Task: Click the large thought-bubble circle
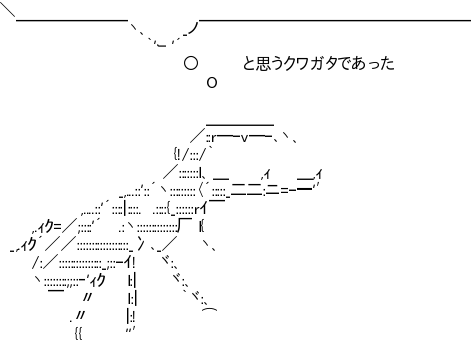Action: tap(191, 63)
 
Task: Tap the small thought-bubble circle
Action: tap(212, 82)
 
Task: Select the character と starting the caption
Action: tap(249, 63)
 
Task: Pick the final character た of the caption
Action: tap(387, 63)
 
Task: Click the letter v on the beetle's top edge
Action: tap(244, 138)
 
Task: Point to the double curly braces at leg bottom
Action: tap(79, 334)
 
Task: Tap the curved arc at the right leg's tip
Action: tap(210, 309)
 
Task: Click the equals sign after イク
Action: tap(57, 227)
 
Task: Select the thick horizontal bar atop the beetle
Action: tap(240, 125)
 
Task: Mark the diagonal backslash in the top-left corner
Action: tap(8, 10)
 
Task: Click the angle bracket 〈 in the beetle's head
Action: tap(201, 191)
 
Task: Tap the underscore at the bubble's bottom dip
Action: tap(162, 46)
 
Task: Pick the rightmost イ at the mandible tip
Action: tap(319, 174)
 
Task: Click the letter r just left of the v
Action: tap(214, 138)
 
